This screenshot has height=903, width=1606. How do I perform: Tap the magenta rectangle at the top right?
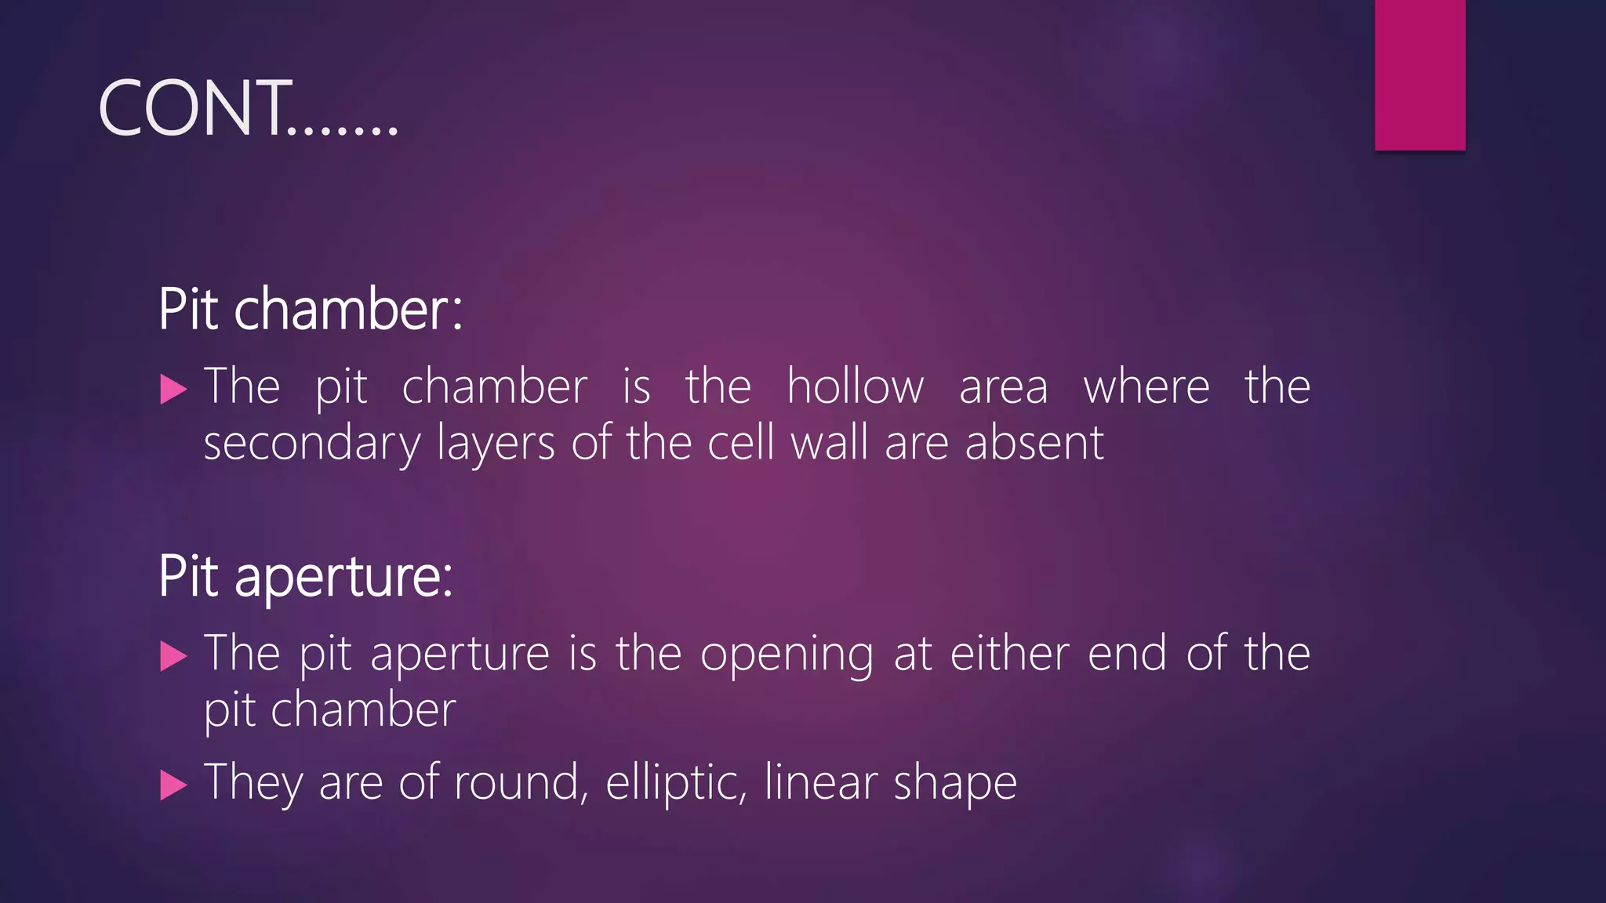[1419, 74]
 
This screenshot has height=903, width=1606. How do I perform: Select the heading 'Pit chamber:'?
[311, 309]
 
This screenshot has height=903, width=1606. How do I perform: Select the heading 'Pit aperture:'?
[305, 576]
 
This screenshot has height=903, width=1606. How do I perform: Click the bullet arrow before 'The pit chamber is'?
[173, 389]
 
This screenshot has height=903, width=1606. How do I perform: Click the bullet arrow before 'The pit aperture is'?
[173, 656]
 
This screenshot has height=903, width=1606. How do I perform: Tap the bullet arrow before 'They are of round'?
[173, 785]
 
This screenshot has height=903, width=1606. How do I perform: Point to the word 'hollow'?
[855, 386]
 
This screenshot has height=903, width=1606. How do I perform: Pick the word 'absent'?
[1034, 443]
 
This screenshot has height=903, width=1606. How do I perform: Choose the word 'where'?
[1146, 386]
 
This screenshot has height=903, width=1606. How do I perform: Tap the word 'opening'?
[786, 655]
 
